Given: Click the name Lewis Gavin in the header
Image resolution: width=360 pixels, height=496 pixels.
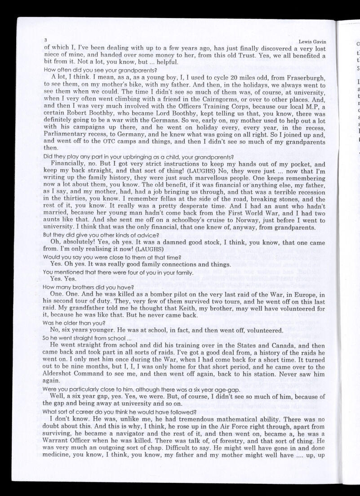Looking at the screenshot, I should pos(312,42).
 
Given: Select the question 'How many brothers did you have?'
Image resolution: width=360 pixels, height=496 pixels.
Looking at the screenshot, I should pos(89,287).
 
